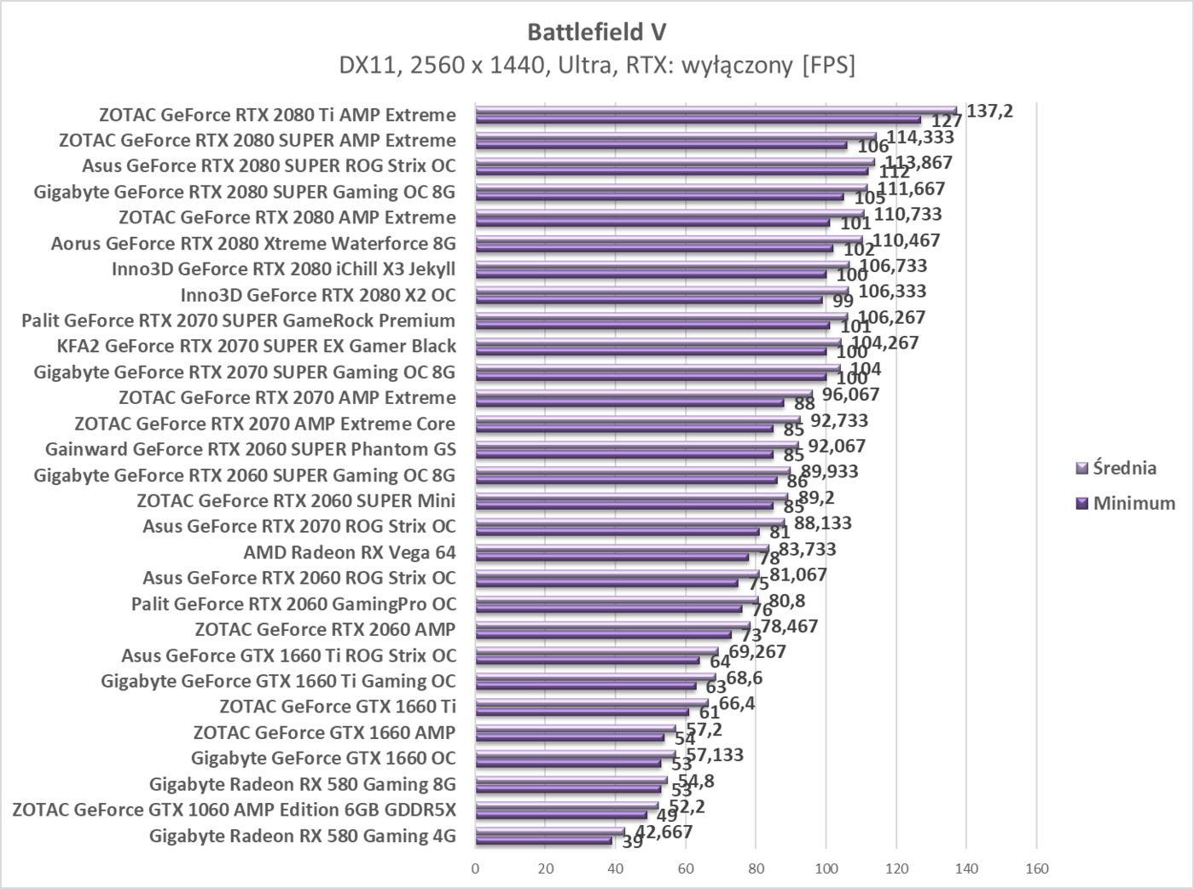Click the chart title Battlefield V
pyautogui.click(x=596, y=32)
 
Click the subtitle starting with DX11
pyautogui.click(x=596, y=66)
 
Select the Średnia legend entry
pyautogui.click(x=1124, y=468)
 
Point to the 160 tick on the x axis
pyautogui.click(x=1036, y=869)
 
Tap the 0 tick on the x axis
pyautogui.click(x=475, y=869)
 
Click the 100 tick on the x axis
pyautogui.click(x=826, y=869)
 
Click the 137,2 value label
pyautogui.click(x=989, y=110)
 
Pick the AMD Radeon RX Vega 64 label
pyautogui.click(x=350, y=552)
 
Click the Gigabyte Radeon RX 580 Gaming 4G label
pyautogui.click(x=303, y=835)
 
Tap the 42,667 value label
pyautogui.click(x=659, y=832)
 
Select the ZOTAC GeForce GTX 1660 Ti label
pyautogui.click(x=338, y=707)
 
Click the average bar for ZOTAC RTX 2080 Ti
pyautogui.click(x=716, y=111)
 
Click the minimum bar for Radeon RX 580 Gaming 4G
pyautogui.click(x=543, y=840)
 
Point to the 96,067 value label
pyautogui.click(x=850, y=395)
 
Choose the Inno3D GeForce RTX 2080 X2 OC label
pyautogui.click(x=318, y=295)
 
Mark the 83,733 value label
pyautogui.click(x=808, y=549)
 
